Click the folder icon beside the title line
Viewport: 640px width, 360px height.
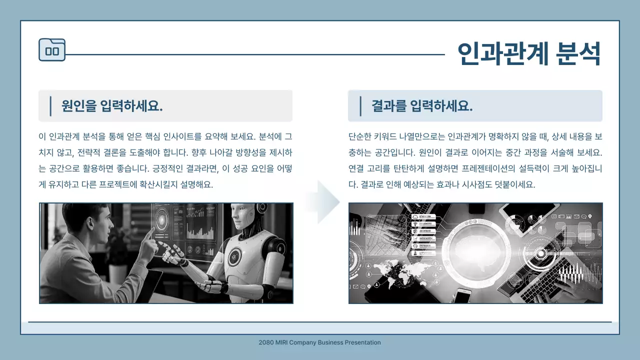pyautogui.click(x=52, y=50)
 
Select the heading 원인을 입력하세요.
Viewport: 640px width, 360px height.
pyautogui.click(x=112, y=106)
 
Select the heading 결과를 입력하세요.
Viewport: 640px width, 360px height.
pyautogui.click(x=422, y=106)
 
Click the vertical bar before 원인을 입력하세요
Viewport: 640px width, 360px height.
pyautogui.click(x=50, y=106)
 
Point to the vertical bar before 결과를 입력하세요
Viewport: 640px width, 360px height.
pyautogui.click(x=360, y=106)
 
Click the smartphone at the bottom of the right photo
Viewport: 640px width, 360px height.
pyautogui.click(x=463, y=295)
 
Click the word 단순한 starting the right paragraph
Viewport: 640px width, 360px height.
pyautogui.click(x=360, y=136)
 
